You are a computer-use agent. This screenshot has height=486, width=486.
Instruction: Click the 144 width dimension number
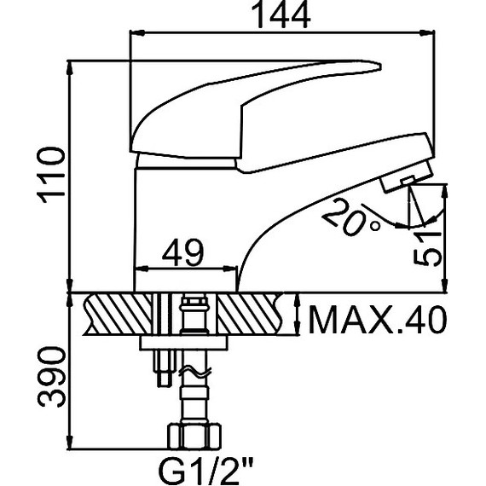tap(281, 14)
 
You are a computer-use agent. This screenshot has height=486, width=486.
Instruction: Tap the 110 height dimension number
tap(51, 175)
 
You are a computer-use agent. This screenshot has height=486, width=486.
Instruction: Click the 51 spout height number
tap(428, 248)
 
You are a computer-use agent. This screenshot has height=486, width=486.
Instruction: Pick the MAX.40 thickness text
tap(378, 320)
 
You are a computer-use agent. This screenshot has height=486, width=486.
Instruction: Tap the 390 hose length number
tap(51, 377)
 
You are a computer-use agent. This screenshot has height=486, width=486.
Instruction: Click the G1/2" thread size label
tap(205, 472)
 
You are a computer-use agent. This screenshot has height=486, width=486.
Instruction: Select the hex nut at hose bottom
tap(194, 437)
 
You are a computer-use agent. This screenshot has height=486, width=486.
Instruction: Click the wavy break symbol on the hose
tap(195, 372)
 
